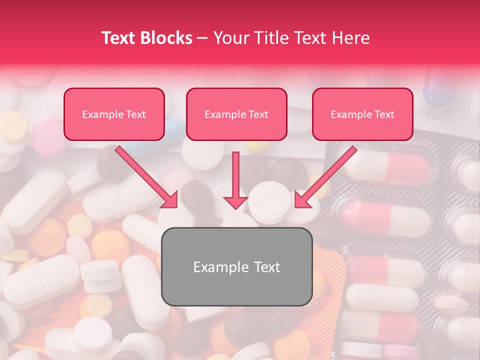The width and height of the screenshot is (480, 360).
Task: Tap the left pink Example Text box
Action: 114,114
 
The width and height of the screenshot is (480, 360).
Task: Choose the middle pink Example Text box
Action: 236,114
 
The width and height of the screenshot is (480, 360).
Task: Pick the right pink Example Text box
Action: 362,114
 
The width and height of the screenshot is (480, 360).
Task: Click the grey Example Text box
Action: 236,266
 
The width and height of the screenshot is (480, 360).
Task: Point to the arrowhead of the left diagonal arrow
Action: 170,200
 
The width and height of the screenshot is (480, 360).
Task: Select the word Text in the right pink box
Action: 384,114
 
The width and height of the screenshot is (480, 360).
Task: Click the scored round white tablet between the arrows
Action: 269,202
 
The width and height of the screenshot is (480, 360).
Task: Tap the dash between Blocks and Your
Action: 202,38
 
